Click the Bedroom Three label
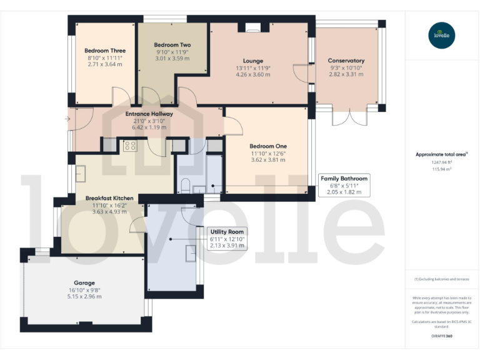(105, 51)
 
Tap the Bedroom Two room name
(172, 45)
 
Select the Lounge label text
(253, 61)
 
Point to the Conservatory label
(346, 61)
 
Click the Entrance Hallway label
(149, 114)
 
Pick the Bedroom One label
(268, 146)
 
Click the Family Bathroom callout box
(344, 185)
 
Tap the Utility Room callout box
(227, 238)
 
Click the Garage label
(84, 282)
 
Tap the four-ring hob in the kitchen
(131, 146)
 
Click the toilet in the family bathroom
(186, 185)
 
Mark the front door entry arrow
(67, 119)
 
